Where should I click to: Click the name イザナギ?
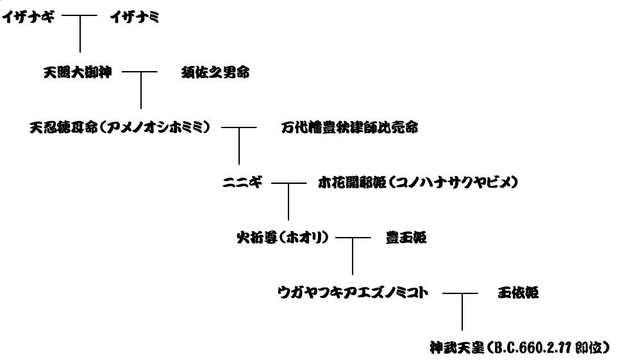[x=28, y=17]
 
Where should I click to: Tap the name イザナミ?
[x=135, y=17]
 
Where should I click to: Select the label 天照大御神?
[x=78, y=72]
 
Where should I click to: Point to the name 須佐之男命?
[x=215, y=72]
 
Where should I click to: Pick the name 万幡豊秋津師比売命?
[x=349, y=127]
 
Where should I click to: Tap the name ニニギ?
[x=242, y=183]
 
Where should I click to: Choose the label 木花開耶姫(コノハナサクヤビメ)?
[x=418, y=183]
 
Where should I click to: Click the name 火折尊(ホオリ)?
[x=283, y=238]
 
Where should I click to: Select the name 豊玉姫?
[x=406, y=238]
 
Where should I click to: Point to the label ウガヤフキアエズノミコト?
[x=353, y=293]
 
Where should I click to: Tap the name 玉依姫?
[x=518, y=293]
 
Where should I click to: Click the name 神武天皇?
[x=457, y=348]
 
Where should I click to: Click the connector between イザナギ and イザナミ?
[x=79, y=15]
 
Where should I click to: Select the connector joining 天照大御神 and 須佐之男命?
[x=140, y=72]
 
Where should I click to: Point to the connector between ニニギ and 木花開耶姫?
[x=289, y=183]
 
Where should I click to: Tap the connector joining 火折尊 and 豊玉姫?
[x=353, y=238]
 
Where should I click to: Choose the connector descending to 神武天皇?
[x=462, y=311]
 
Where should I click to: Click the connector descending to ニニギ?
[x=239, y=146]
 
